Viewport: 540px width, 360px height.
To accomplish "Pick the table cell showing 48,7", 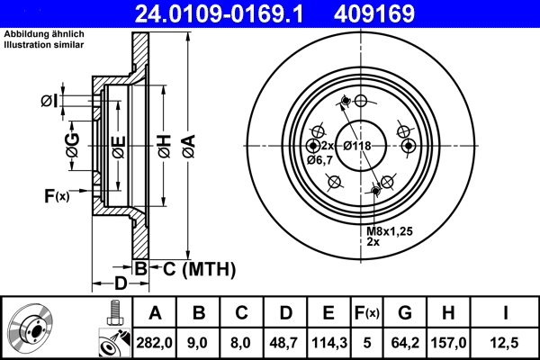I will point(284,343).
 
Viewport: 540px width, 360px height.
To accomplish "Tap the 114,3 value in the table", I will point(328,343).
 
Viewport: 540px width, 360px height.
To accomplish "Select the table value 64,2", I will point(405,343).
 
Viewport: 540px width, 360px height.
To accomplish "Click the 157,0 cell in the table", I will point(449,343).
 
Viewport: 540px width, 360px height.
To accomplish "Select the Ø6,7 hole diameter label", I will point(319,160).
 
